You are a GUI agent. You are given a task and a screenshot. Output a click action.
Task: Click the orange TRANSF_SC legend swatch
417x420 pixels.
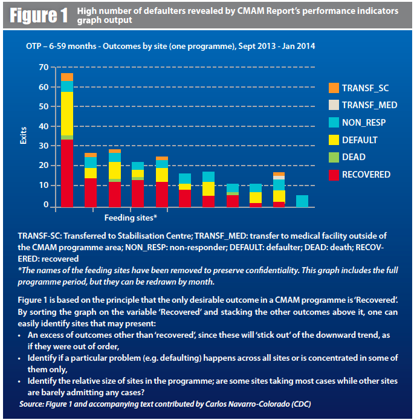point(334,88)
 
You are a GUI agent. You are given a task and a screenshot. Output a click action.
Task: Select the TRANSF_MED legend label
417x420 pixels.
point(369,105)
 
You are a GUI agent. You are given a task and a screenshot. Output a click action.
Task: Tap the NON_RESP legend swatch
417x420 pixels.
point(334,123)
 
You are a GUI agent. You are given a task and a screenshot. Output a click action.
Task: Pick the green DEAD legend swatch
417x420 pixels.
point(334,157)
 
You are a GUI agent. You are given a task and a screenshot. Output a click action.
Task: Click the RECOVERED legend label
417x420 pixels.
point(366,175)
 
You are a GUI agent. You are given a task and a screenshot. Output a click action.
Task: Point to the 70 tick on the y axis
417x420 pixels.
point(42,68)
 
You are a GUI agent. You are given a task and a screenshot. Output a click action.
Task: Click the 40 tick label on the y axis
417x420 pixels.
point(42,126)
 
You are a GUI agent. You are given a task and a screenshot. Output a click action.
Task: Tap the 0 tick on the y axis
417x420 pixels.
point(45,205)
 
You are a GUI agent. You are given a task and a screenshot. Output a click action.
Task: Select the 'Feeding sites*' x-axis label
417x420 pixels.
point(131,217)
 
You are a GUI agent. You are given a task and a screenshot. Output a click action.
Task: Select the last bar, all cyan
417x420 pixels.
point(302,201)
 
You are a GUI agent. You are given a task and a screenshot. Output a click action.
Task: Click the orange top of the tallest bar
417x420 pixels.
point(67,77)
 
